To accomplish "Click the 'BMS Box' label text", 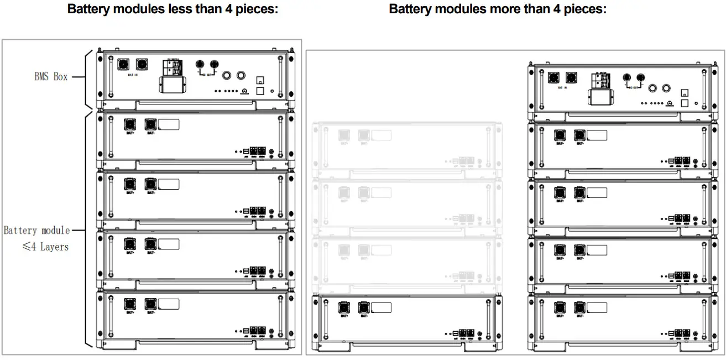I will tap(51, 77).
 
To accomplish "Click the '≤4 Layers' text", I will tap(45, 247).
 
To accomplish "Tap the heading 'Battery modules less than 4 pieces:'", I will tap(172, 9).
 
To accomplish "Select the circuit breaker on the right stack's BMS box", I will tap(601, 81).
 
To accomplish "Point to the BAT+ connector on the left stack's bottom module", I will tap(130, 304).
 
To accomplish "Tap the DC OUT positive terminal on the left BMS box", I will tap(200, 64).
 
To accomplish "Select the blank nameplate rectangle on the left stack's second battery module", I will tap(169, 184).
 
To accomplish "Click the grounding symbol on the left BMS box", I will tap(244, 91).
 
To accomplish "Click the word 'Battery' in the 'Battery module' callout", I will tap(21, 230).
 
